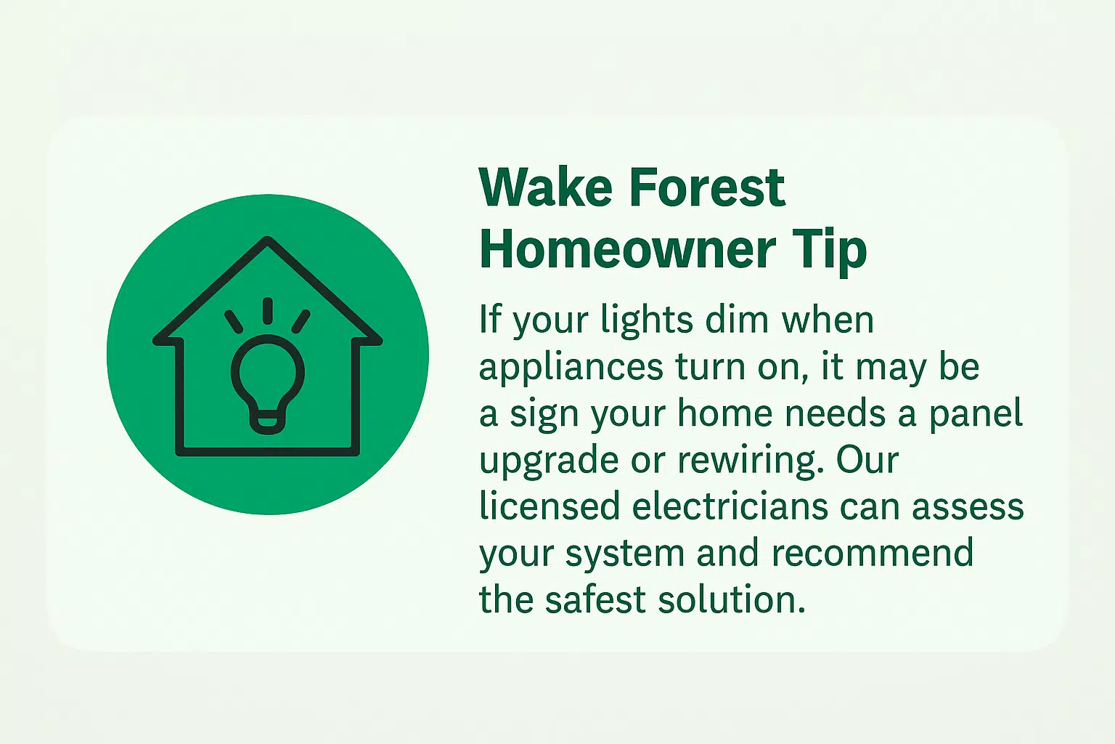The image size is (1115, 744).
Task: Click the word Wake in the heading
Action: click(545, 187)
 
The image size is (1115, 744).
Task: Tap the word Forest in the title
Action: click(707, 187)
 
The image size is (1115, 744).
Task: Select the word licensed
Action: click(550, 506)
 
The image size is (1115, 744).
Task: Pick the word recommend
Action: click(873, 553)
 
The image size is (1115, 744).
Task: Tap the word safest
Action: click(595, 599)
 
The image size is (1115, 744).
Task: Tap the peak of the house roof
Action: click(268, 239)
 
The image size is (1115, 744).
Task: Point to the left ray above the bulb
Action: click(234, 321)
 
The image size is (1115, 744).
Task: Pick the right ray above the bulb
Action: click(301, 321)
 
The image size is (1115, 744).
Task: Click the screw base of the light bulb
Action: click(268, 422)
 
